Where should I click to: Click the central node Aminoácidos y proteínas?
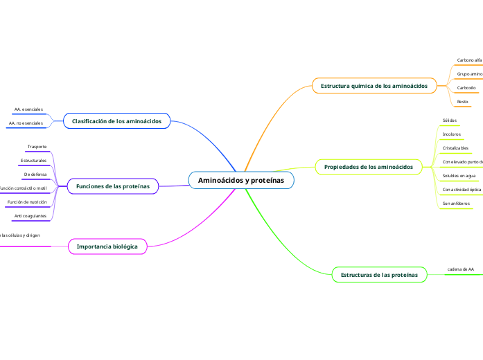click(x=241, y=180)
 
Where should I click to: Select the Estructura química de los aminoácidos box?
click(x=374, y=86)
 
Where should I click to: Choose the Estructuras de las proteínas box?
click(x=379, y=275)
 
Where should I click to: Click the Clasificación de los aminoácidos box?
click(x=116, y=121)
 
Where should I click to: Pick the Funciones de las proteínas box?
click(x=112, y=186)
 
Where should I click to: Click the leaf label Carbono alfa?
click(x=469, y=60)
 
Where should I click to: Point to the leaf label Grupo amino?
click(x=469, y=73)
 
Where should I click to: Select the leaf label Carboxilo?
click(x=466, y=88)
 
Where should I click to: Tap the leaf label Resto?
click(x=462, y=102)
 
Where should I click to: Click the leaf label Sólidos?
click(x=450, y=120)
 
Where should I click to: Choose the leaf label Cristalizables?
click(x=455, y=147)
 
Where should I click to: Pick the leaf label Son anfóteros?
click(x=456, y=204)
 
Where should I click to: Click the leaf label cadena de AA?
click(x=461, y=269)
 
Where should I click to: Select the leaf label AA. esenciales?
click(x=28, y=109)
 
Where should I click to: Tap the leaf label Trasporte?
click(x=37, y=147)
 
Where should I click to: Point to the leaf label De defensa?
click(x=35, y=174)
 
